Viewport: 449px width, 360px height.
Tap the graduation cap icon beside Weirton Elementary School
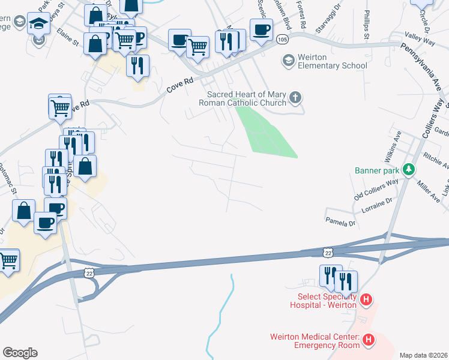[289, 61]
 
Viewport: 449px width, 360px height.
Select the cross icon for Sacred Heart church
[295, 97]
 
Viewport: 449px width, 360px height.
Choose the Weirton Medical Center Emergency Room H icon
[369, 340]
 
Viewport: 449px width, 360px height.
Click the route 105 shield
[282, 39]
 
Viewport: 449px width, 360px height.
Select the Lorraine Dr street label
[376, 207]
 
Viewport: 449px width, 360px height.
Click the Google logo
[20, 353]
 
